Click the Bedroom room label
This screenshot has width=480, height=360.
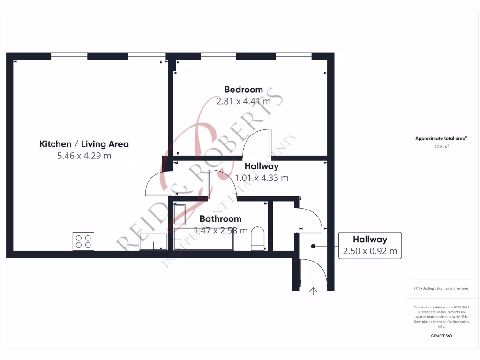243,90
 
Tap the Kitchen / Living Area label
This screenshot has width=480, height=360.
84,144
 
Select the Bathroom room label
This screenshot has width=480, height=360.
220,218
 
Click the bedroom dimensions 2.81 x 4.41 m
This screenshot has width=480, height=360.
243,101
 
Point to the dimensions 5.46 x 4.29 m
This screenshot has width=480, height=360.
84,156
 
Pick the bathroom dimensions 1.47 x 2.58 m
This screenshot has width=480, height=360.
221,230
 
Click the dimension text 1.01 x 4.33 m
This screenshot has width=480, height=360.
262,178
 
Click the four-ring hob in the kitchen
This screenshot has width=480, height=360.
83,241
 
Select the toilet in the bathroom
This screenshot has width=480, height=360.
257,237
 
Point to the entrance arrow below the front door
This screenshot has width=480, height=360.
313,292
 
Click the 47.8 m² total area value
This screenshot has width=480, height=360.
441,147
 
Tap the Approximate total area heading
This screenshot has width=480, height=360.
441,138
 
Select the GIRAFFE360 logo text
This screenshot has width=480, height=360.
441,336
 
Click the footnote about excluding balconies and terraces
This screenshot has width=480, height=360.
441,288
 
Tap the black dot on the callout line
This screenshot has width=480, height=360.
313,246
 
